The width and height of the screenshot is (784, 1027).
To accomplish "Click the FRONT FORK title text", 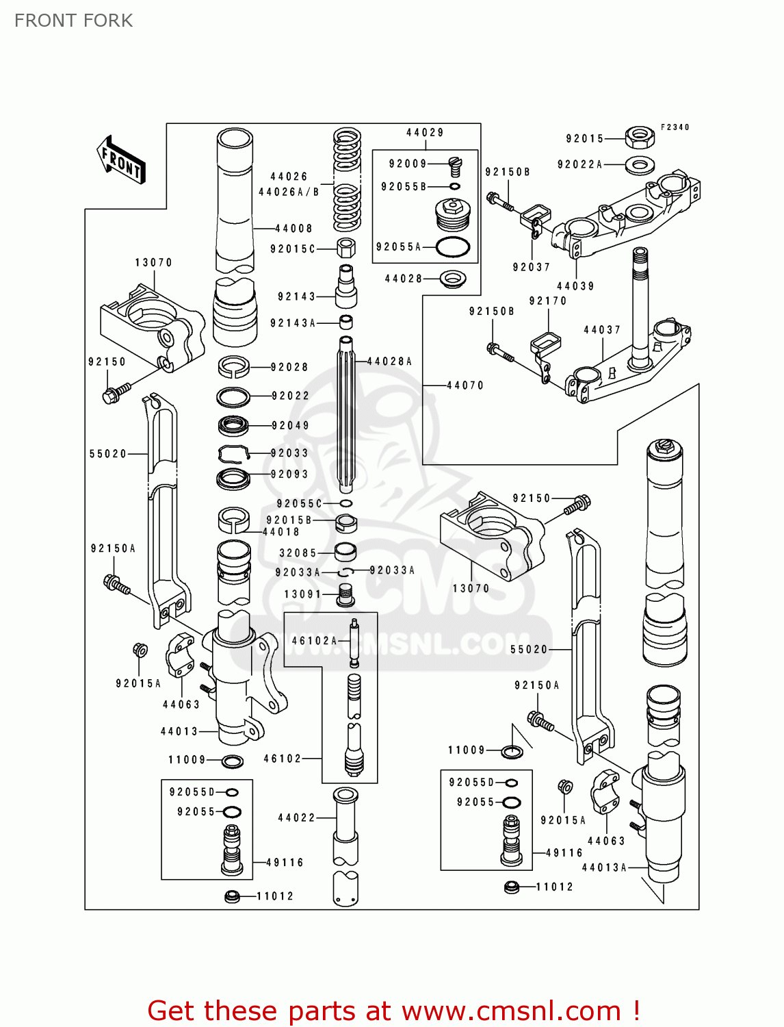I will [73, 21].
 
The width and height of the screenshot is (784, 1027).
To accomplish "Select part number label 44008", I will [293, 229].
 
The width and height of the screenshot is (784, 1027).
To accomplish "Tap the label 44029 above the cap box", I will [425, 133].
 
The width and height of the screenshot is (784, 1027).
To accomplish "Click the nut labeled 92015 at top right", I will [640, 137].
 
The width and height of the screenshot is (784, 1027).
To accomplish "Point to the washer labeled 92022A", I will [640, 164].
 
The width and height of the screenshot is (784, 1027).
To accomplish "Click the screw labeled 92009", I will [455, 166].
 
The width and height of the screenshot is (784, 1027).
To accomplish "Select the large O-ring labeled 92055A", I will [452, 247].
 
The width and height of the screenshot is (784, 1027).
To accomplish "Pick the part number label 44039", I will [575, 286].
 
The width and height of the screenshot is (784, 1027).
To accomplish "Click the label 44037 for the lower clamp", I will [602, 330].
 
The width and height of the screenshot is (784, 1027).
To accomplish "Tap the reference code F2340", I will [675, 127].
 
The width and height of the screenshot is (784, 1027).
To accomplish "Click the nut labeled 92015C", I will [346, 247].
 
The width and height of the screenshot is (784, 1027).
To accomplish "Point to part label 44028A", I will [390, 362].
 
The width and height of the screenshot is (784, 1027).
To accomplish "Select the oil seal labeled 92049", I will [233, 426].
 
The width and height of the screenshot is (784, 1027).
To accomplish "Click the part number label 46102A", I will [314, 641].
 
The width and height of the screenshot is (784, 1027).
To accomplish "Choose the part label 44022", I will [296, 817].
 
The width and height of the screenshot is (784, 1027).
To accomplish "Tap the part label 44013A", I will [604, 867].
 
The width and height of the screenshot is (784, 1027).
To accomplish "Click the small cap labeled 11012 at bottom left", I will [232, 896].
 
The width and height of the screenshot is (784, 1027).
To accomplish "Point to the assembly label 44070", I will [465, 385].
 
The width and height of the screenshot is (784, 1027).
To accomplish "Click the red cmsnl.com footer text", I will [393, 1011].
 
